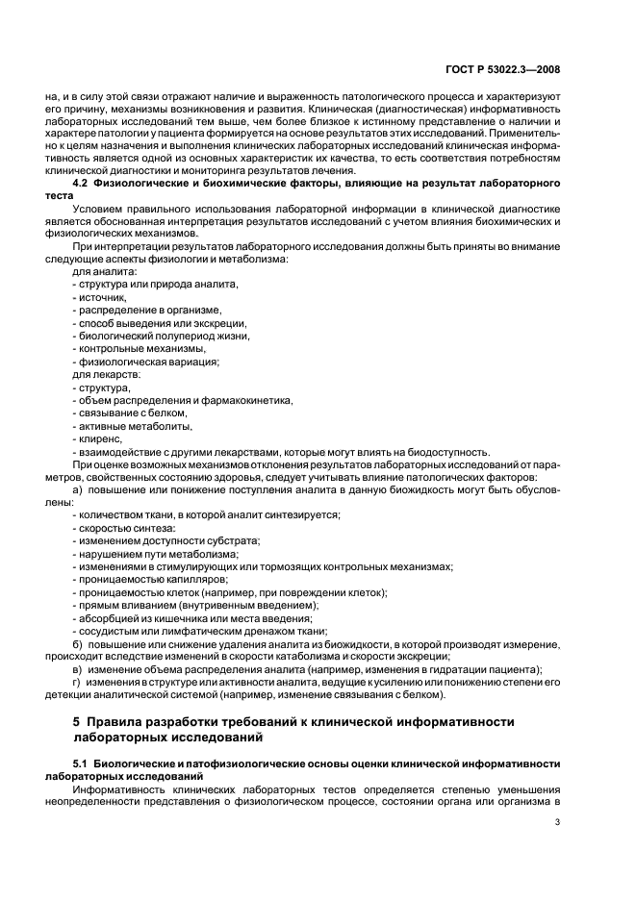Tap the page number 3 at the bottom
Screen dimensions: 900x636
pyautogui.click(x=558, y=823)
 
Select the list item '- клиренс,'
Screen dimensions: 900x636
pyautogui.click(x=98, y=439)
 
